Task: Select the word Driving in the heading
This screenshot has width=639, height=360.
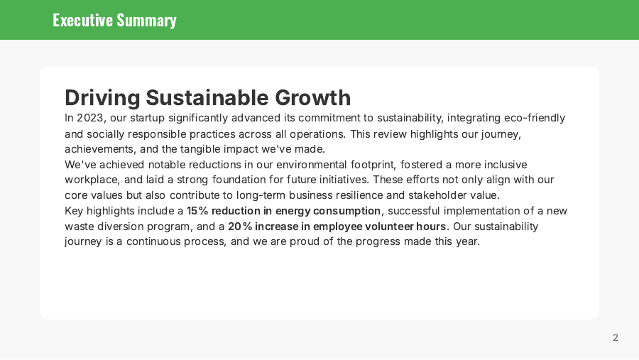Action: [102, 97]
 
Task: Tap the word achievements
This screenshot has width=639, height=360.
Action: [97, 149]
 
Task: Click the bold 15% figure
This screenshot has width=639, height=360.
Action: [197, 211]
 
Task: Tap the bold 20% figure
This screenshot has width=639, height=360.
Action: [239, 227]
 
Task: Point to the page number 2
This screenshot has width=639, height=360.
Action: [616, 338]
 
